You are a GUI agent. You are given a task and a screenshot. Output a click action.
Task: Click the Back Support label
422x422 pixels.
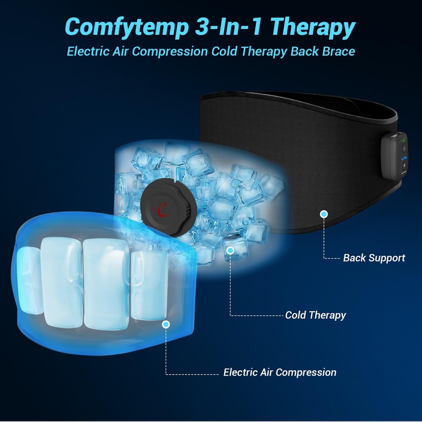pos(373,258)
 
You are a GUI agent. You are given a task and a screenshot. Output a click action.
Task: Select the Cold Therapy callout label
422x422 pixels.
pos(315,315)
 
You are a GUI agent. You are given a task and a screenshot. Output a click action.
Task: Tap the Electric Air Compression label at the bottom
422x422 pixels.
pos(280,372)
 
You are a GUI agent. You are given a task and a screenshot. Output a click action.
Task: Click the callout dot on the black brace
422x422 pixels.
pos(324,214)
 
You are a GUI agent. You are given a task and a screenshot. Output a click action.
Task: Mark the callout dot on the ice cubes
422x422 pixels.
pos(230,251)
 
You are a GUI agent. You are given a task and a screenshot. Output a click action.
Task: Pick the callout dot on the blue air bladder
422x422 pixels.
pos(166,323)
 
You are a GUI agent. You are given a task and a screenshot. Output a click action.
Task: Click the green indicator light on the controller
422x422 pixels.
pos(402,140)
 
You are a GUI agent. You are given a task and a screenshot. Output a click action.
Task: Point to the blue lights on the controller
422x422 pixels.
pos(403,158)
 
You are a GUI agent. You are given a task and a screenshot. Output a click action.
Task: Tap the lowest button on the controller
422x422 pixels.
pos(402,169)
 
